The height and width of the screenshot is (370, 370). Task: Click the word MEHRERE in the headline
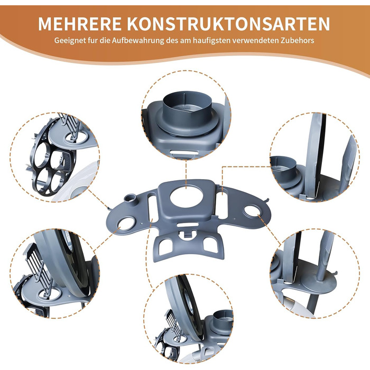(80, 24)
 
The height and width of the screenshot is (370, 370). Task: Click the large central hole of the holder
(186, 198)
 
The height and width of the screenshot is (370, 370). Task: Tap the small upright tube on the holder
(131, 199)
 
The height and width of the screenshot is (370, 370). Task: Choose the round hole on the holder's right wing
(252, 210)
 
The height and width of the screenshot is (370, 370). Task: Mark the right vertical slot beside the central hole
(222, 204)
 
